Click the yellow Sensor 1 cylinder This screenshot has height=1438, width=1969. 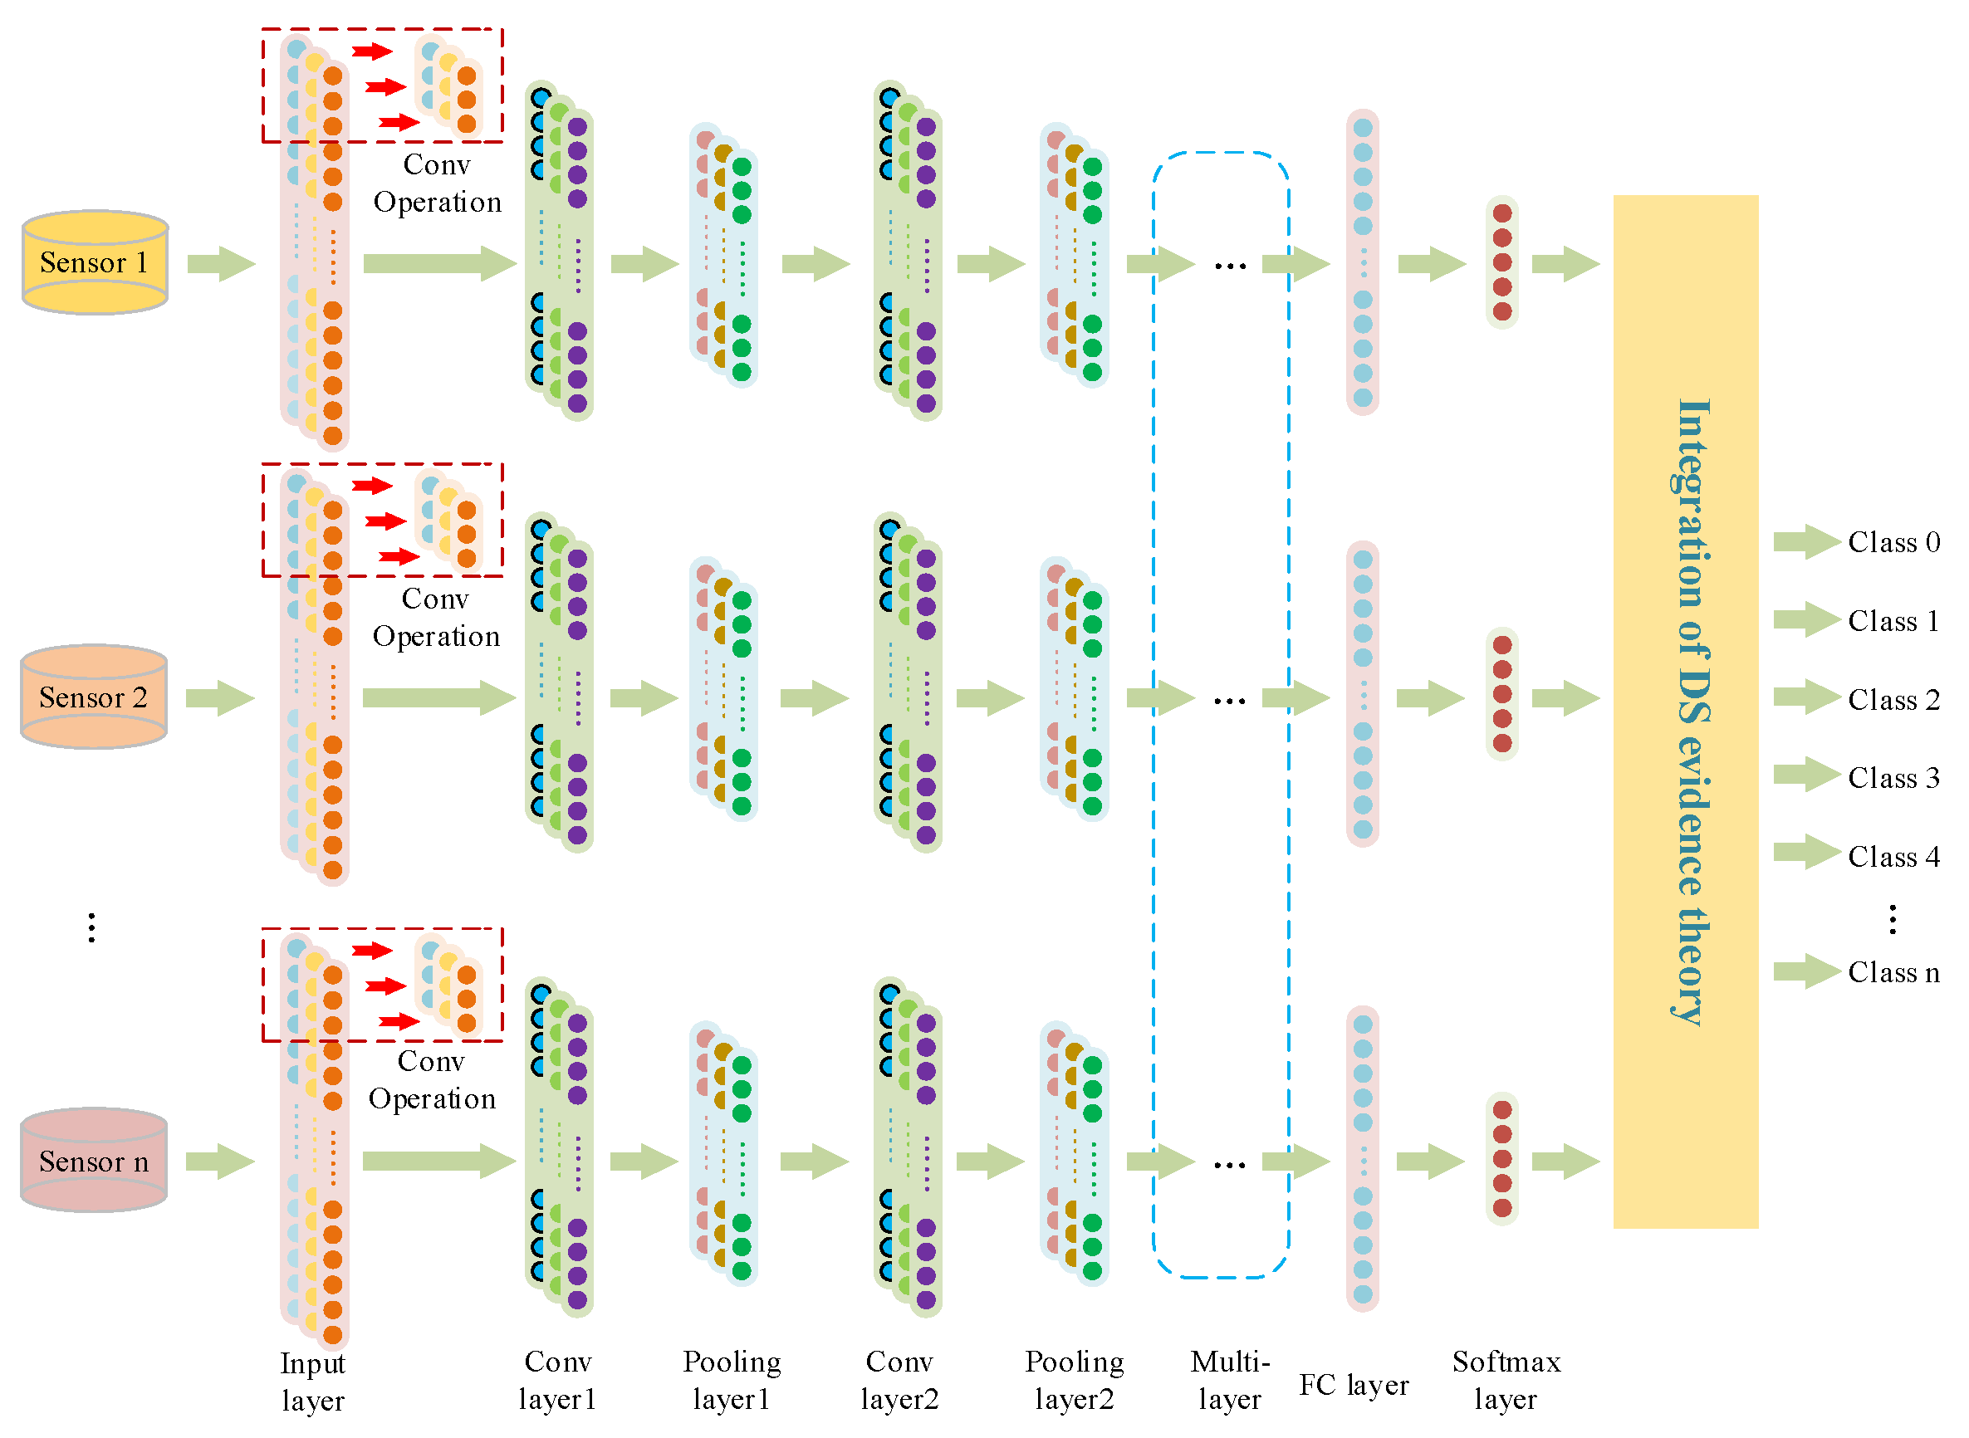[94, 262]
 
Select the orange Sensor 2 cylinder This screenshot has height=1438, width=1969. [94, 697]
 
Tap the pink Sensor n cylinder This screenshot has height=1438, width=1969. [94, 1161]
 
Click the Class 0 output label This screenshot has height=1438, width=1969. [1893, 542]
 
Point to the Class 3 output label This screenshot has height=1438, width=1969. [1893, 777]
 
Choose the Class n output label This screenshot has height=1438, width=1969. [1893, 971]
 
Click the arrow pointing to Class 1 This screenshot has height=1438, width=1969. [1806, 619]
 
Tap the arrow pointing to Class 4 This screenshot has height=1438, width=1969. [1806, 852]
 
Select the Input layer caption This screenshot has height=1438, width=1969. [312, 1382]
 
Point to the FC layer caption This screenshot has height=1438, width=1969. [1354, 1385]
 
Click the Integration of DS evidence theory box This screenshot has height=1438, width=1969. [1685, 712]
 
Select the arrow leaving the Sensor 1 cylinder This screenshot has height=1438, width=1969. [221, 264]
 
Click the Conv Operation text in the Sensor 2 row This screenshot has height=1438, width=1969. [436, 617]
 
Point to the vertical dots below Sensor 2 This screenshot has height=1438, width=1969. [91, 928]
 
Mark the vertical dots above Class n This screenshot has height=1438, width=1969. [1893, 919]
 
